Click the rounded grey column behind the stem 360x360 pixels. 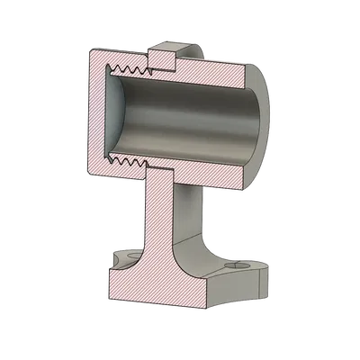[194, 211]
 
